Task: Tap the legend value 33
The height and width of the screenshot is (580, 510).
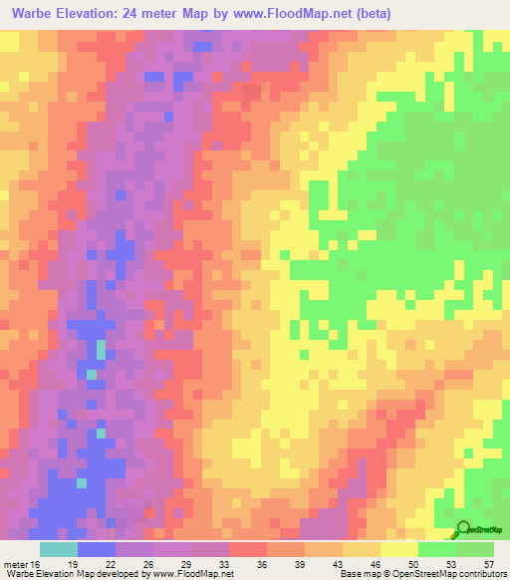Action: point(225,563)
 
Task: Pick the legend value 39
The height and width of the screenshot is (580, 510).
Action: point(300,563)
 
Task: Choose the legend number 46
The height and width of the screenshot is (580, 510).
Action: point(376,563)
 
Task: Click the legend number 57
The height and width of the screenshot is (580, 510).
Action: point(488,563)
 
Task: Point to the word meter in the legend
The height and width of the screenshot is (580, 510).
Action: point(14,563)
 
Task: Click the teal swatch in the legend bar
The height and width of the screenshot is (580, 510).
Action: point(58,549)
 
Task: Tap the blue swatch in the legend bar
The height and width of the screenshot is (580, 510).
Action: point(96,549)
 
